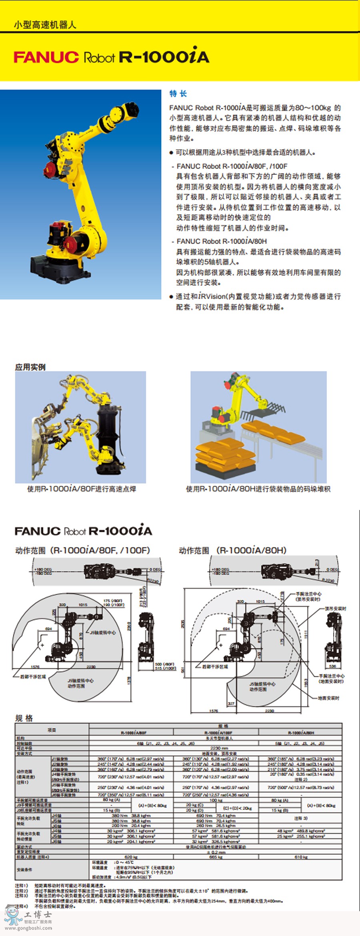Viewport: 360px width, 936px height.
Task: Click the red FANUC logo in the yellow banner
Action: click(46, 57)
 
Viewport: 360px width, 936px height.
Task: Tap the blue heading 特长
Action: click(178, 94)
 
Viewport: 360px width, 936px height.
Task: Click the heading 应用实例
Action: click(30, 367)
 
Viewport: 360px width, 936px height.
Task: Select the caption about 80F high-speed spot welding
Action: click(82, 489)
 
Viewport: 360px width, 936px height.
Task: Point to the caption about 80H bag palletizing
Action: click(258, 489)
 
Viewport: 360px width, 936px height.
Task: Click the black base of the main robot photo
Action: click(60, 266)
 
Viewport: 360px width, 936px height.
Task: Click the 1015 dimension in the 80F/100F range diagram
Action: click(83, 605)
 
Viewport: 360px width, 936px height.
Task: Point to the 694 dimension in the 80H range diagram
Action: click(226, 629)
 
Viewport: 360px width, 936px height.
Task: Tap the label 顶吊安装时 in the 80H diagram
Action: click(335, 608)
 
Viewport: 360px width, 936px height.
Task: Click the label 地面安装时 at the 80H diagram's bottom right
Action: click(328, 698)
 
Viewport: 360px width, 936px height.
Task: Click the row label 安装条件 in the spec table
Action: click(24, 870)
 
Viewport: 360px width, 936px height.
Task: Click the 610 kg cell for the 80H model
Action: click(301, 857)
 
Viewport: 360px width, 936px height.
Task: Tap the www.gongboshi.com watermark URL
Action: click(28, 928)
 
